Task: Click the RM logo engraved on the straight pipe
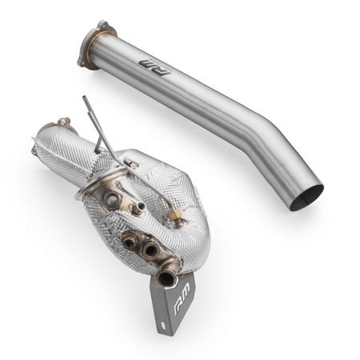153,62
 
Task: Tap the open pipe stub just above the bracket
168,277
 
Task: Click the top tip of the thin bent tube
86,99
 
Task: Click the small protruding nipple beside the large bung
138,210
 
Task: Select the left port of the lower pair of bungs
128,240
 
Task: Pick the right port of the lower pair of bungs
148,249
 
